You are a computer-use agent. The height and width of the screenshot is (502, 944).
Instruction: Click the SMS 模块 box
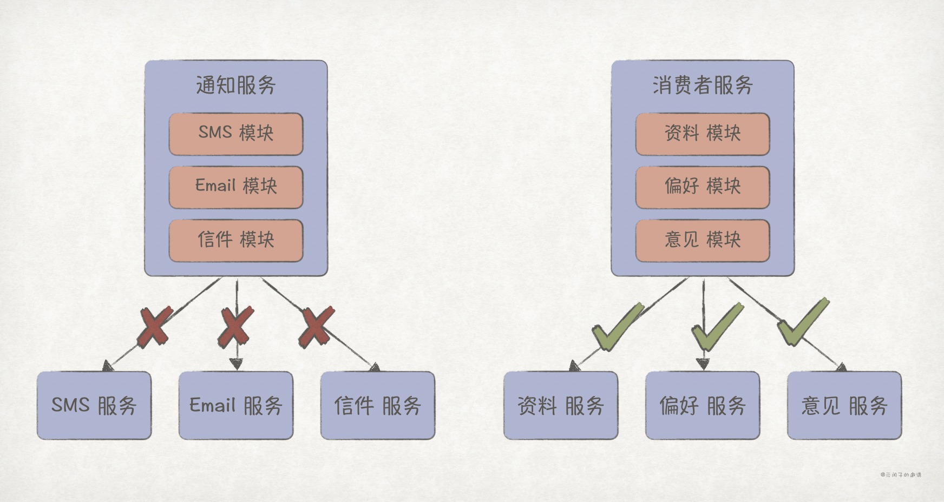coord(236,134)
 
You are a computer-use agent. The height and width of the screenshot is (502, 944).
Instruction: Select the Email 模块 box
coord(236,187)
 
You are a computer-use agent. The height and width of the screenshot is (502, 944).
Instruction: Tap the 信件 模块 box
coord(236,240)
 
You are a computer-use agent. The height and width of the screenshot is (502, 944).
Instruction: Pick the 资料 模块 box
coord(703,134)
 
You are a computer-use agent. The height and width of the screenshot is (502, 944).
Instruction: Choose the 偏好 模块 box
coord(703,187)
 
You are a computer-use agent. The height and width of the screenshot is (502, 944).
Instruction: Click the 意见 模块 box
coord(703,240)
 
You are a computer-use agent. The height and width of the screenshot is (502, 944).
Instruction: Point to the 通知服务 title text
coord(236,85)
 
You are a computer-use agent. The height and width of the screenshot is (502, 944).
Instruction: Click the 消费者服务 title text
coord(703,85)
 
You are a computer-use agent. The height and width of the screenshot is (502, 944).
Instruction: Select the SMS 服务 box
coord(94,405)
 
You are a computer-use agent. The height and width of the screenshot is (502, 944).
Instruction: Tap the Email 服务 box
coord(236,405)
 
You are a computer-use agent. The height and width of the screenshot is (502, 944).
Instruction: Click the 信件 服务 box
coord(378,405)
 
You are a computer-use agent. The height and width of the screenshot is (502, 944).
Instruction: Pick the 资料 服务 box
coord(561,405)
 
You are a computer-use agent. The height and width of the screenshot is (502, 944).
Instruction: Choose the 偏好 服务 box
coord(703,405)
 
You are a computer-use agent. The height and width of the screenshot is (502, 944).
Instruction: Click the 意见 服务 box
coord(844,405)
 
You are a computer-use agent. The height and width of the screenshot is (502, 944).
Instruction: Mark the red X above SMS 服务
coord(155,326)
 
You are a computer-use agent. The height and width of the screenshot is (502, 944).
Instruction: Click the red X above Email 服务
coord(236,326)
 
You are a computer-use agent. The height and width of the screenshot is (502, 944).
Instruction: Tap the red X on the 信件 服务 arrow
coord(316,327)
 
